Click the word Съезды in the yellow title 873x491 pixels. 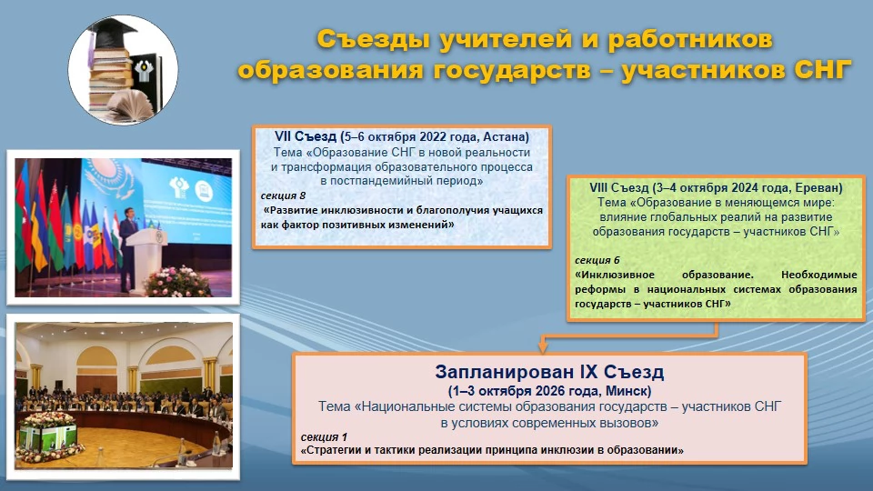click(x=373, y=39)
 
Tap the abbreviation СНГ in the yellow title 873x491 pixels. click(x=823, y=70)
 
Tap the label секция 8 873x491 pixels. click(x=283, y=195)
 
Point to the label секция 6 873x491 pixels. click(x=597, y=260)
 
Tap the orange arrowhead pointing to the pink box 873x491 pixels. click(x=543, y=347)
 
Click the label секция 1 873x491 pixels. click(x=324, y=437)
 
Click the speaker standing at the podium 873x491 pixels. click(x=128, y=247)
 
